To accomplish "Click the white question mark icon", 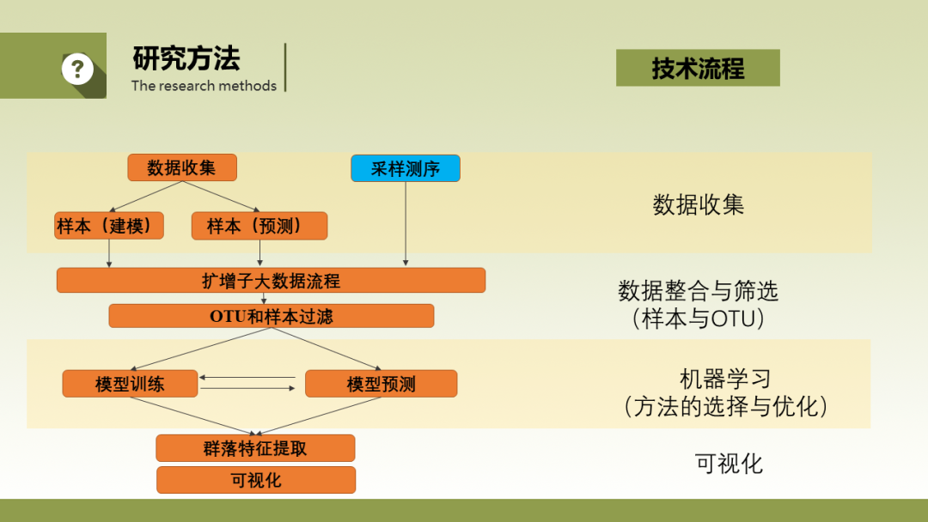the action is tap(77, 69).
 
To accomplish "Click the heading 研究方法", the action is tap(186, 58).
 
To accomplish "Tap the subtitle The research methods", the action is tap(204, 86).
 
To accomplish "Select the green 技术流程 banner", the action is tap(698, 68).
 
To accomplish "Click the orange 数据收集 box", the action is tap(182, 167).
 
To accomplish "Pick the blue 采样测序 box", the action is tap(406, 168).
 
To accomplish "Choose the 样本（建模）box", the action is tap(109, 225).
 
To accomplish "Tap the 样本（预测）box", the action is tap(259, 226).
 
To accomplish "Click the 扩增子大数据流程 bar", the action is tap(271, 280).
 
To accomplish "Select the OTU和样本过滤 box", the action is tap(271, 316).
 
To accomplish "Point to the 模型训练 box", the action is tap(131, 384).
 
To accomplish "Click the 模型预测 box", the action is tap(382, 384).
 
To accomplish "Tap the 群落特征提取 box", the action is tap(256, 448).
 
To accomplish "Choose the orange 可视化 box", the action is tap(256, 480).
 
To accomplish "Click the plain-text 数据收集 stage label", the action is tap(699, 204).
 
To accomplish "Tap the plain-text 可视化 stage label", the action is tap(729, 464).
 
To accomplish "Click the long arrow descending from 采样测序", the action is tap(406, 223).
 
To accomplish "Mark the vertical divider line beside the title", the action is tap(285, 67).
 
